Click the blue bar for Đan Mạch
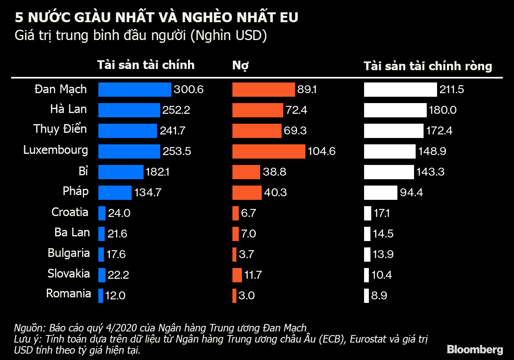(134, 90)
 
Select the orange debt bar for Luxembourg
(269, 151)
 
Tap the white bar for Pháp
(380, 193)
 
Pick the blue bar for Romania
(101, 295)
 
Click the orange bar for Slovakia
(237, 275)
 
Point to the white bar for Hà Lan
(395, 110)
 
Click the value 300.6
(188, 90)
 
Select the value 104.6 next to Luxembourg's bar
(322, 151)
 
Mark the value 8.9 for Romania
(379, 295)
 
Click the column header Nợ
(240, 65)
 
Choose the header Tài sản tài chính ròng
(428, 65)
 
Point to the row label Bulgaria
(69, 253)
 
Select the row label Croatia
(70, 212)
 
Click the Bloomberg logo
(475, 349)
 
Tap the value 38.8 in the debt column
(274, 172)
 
